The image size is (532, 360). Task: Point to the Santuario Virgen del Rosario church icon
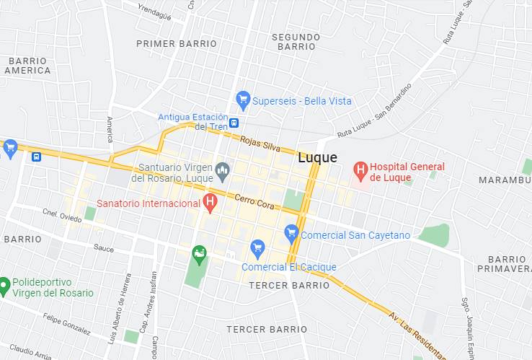pos(222,172)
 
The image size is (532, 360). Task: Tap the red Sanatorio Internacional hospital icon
pos(210,202)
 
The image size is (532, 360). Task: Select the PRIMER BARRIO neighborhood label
pos(177,44)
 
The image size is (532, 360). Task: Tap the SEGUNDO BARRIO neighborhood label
pos(296,41)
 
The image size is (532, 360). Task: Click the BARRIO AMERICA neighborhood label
pos(27,66)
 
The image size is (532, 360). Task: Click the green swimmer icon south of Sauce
pos(199,253)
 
